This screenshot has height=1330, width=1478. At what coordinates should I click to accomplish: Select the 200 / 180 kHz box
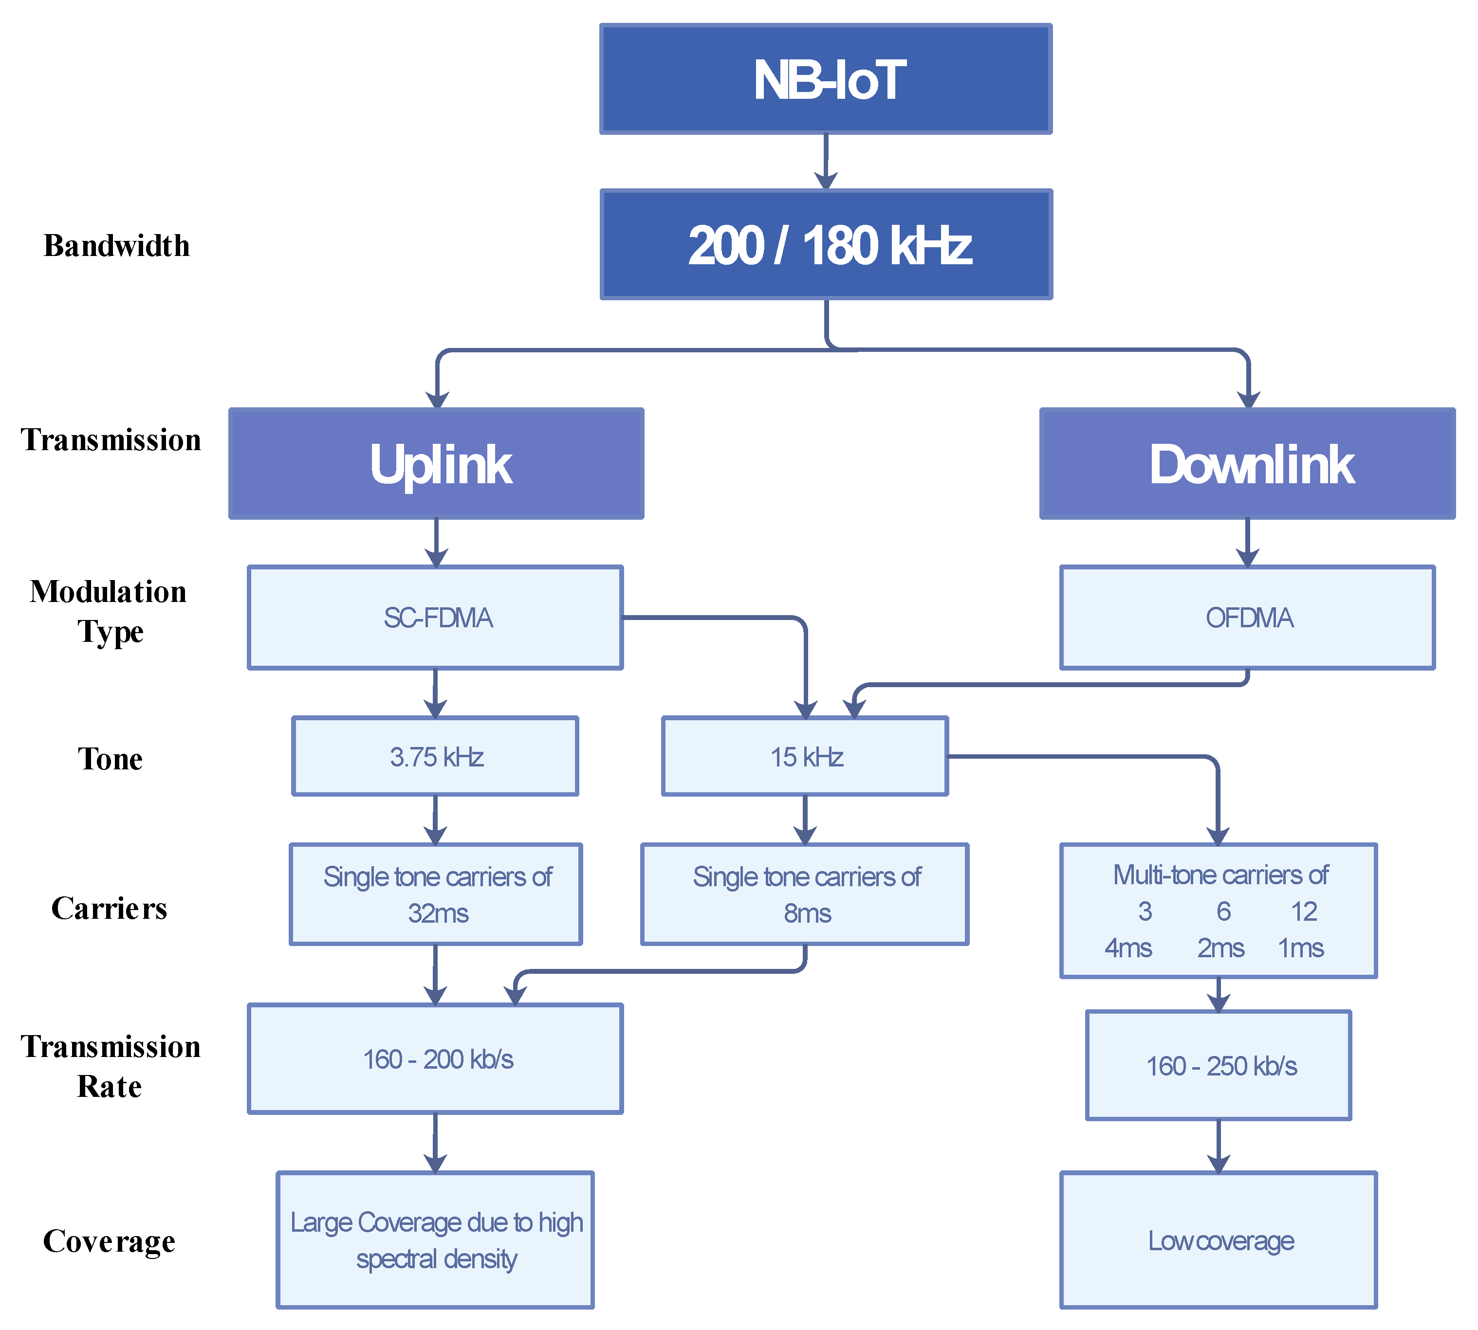826,245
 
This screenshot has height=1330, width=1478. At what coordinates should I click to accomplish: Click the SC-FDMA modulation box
436,618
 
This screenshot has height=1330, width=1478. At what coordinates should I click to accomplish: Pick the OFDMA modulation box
1247,618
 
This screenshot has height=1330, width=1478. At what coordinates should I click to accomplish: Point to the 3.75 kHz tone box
436,756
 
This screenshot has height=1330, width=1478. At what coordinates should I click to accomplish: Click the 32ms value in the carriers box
437,913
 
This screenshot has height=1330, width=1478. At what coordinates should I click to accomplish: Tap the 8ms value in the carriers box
807,913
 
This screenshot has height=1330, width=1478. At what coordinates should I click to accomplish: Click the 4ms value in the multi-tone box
1128,948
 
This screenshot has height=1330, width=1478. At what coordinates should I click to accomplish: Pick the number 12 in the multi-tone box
1303,911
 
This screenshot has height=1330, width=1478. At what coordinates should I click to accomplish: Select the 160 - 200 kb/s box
436,1059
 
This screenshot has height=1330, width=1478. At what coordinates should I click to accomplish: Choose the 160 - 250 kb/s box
1219,1065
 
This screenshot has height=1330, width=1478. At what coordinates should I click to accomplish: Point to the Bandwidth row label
116,246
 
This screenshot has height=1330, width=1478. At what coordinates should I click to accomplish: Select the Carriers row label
109,909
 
